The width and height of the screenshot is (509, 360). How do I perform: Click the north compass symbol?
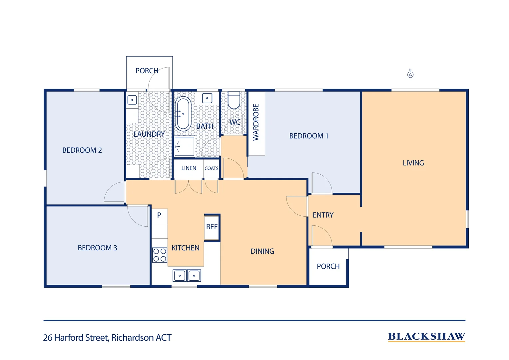(410, 74)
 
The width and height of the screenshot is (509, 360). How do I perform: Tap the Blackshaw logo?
(426, 337)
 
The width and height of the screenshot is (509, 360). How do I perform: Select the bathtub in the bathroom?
(183, 114)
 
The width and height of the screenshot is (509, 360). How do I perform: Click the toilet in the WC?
(234, 100)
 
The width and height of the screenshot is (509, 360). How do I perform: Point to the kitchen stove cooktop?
(160, 255)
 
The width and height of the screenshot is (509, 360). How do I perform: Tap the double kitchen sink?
(187, 276)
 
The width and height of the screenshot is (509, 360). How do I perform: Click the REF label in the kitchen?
(212, 227)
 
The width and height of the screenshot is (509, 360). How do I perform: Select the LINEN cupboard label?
(189, 168)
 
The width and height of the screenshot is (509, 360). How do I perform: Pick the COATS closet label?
(212, 169)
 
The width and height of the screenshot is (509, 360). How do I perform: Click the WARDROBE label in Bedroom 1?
(256, 122)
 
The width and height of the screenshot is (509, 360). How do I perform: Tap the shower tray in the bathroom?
(184, 146)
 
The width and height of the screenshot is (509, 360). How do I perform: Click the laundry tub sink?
(132, 100)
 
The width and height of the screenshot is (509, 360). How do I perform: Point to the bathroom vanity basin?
(207, 98)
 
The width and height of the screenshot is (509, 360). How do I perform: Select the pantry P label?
(159, 215)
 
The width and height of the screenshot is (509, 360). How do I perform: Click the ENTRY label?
(323, 215)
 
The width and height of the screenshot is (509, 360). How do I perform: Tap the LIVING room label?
(413, 163)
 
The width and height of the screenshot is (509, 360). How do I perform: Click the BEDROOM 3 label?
(97, 248)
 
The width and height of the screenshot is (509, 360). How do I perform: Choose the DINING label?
(262, 251)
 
